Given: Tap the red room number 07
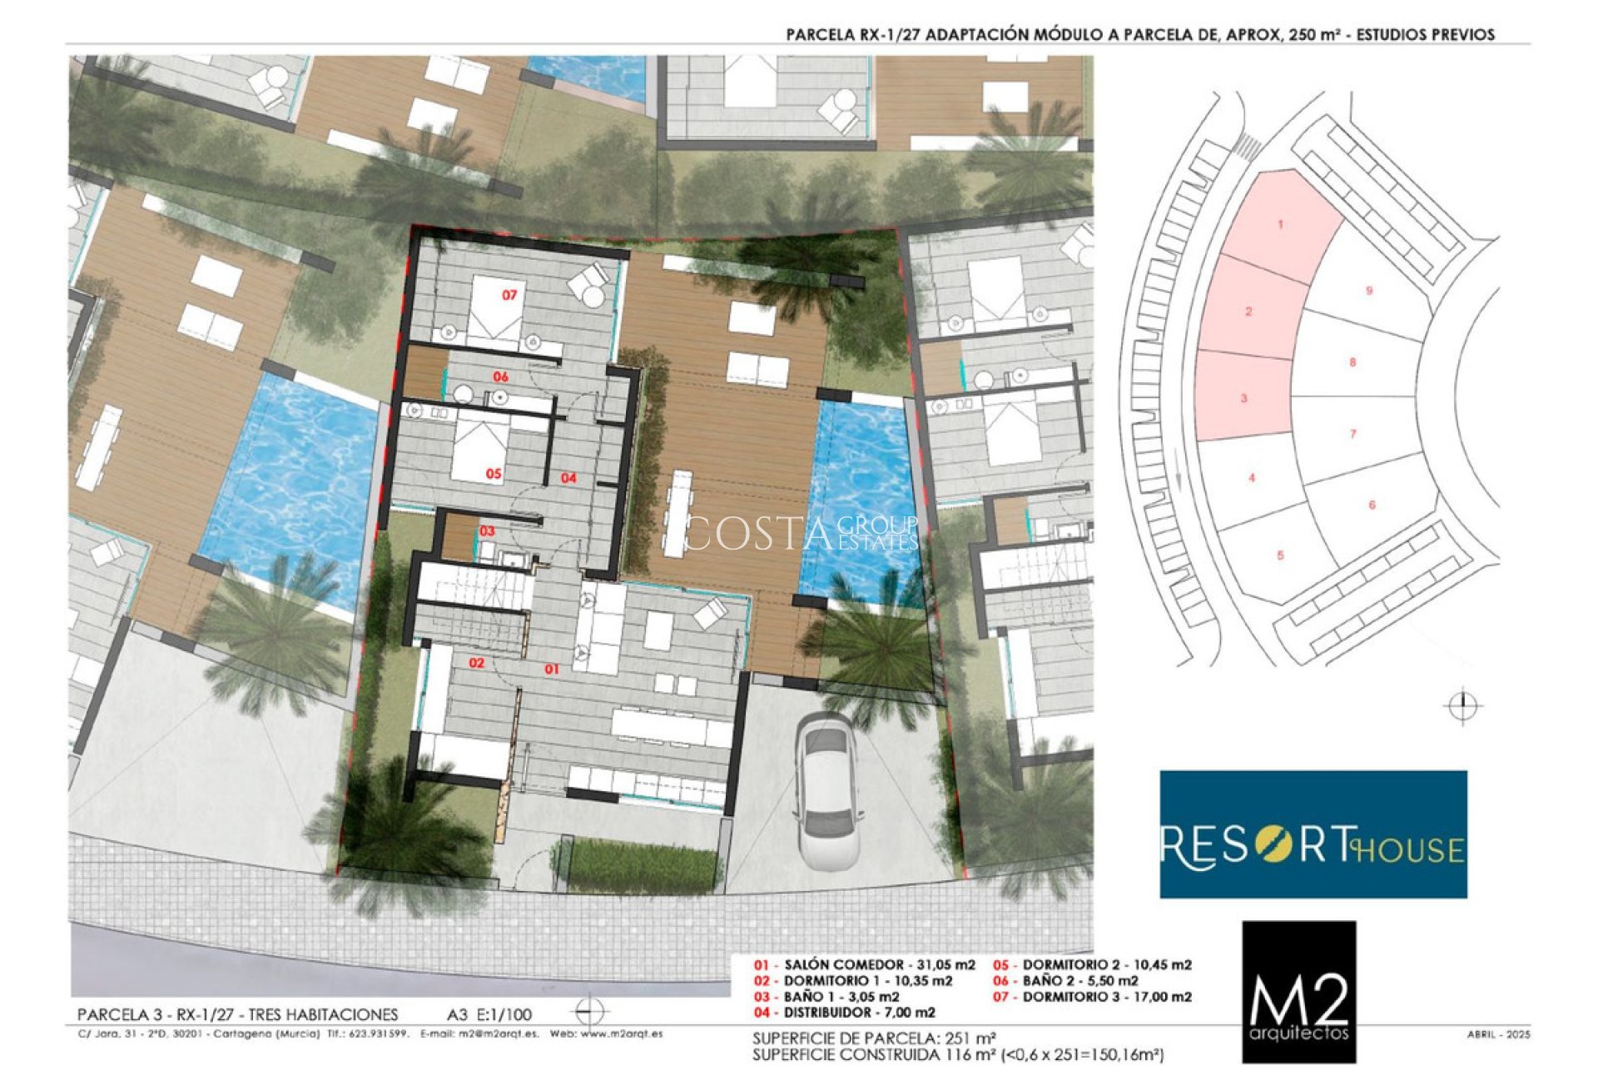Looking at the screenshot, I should [x=509, y=295].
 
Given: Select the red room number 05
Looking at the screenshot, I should [x=494, y=473].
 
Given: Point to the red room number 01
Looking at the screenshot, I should [x=552, y=669].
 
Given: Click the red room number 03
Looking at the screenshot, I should [x=487, y=531].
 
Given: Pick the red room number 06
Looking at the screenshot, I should [x=500, y=376].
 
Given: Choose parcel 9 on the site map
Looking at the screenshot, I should [x=1369, y=291].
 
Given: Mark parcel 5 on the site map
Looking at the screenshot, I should [x=1280, y=555].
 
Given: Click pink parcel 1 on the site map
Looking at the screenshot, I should [x=1281, y=224].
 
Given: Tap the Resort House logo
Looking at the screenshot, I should [x=1313, y=834].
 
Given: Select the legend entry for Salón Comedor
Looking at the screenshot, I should [x=866, y=964].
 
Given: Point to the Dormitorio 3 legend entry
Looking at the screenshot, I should [x=1093, y=996].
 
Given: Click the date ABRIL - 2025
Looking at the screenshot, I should [x=1498, y=1034].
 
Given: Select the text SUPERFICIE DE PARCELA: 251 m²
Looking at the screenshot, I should [x=874, y=1039].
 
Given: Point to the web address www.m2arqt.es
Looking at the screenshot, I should [x=621, y=1034].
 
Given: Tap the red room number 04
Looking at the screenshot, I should [x=568, y=477].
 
